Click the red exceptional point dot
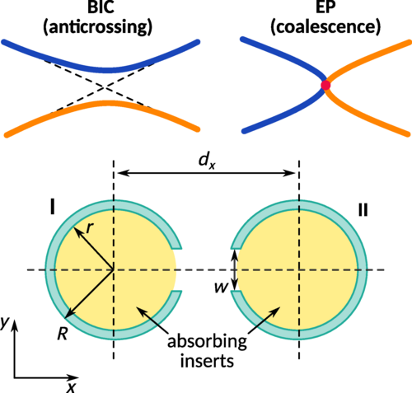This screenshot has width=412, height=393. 325,85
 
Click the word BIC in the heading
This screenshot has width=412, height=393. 101,7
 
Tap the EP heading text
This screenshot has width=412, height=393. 325,7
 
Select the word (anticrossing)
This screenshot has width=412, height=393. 98,27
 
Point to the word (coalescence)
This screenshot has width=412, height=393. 325,27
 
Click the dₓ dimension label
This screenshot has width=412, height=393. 207,161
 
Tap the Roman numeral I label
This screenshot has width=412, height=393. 52,208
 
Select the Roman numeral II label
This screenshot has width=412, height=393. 363,210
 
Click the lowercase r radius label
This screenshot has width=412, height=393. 90,227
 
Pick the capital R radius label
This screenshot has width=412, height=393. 63,334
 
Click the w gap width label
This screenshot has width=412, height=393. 222,288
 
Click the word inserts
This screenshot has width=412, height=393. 207,361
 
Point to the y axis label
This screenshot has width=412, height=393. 5,322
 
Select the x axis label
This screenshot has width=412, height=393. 72,387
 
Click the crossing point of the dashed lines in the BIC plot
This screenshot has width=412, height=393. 104,87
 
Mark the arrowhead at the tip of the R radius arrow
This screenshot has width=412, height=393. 68,315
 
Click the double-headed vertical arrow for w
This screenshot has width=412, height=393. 234,269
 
